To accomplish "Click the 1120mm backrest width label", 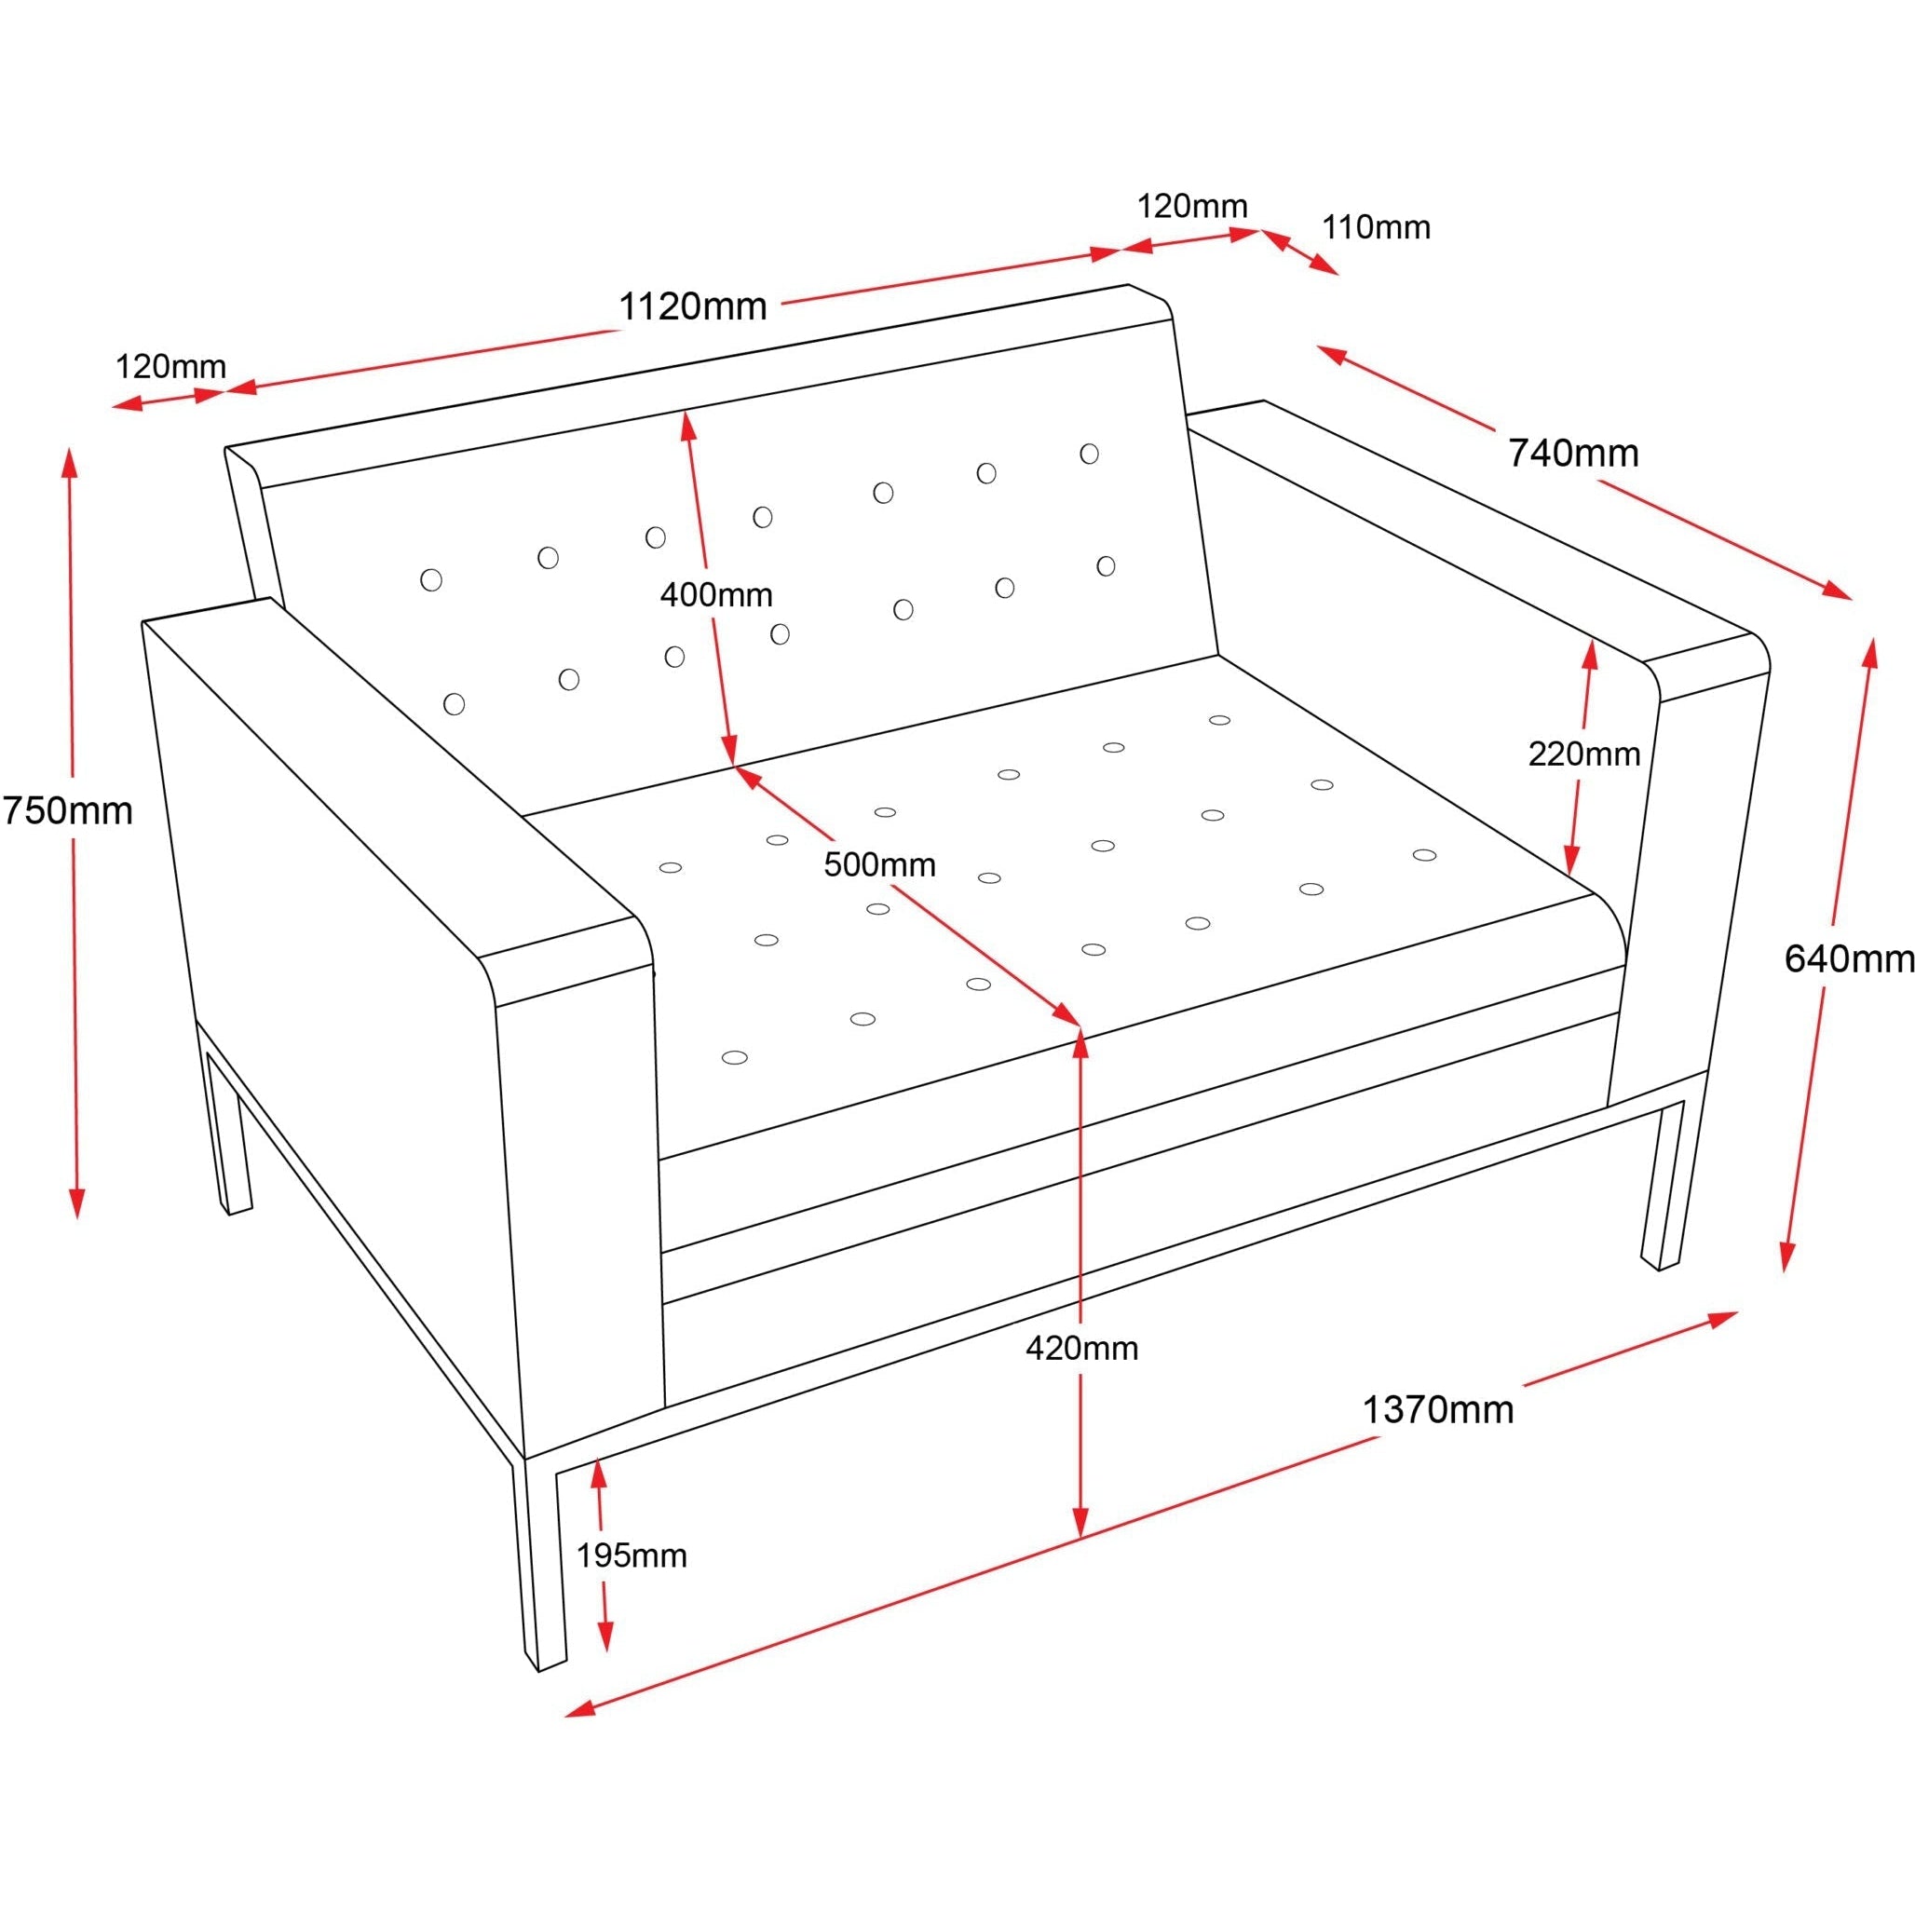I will coord(693,306).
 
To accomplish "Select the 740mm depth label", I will coord(1573,453).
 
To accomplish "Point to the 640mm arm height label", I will coord(1848,958).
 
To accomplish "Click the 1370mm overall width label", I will coord(1437,1409).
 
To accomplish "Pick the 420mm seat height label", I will coord(1081,1348).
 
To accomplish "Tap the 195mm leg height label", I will coord(632,1556).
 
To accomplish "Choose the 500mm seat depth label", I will coord(879,865).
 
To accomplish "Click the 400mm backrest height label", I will coord(715,595).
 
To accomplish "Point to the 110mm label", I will coord(1376,228).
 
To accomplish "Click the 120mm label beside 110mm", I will coord(1191,206).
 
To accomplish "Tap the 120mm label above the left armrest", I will coord(170,367).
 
